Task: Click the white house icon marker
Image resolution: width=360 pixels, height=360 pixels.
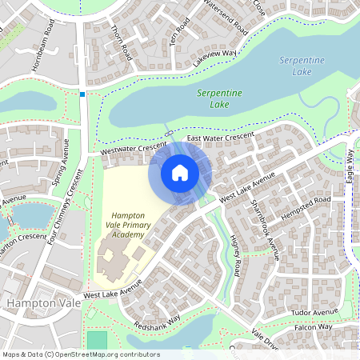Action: (x=180, y=173)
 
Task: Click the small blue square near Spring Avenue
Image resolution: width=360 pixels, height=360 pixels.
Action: (x=82, y=94)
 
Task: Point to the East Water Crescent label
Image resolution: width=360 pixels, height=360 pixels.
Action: (x=219, y=138)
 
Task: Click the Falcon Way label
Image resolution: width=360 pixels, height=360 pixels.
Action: (x=314, y=326)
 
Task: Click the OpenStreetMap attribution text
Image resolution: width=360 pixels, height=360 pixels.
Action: (x=80, y=354)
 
